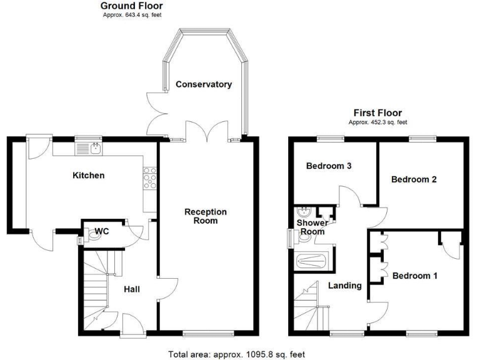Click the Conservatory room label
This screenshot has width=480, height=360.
point(203,84)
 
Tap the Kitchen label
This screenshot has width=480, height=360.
point(89,176)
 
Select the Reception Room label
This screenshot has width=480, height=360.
point(205,216)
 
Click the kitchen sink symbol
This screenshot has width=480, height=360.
point(95,148)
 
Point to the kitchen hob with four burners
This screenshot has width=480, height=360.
point(150,180)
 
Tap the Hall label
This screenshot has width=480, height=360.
point(131,289)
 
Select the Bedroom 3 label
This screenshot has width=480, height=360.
point(329,166)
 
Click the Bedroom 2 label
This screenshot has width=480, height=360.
point(414,179)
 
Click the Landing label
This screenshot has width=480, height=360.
point(345,286)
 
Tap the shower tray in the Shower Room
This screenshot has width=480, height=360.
point(311,261)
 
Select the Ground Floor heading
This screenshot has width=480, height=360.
point(132,6)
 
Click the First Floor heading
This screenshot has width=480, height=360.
point(377,113)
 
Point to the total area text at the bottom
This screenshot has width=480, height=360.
point(237,354)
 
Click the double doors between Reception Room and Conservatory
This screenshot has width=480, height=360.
point(206,132)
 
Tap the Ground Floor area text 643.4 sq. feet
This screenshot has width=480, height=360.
point(132,14)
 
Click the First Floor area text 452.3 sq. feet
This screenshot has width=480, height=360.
point(377,122)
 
